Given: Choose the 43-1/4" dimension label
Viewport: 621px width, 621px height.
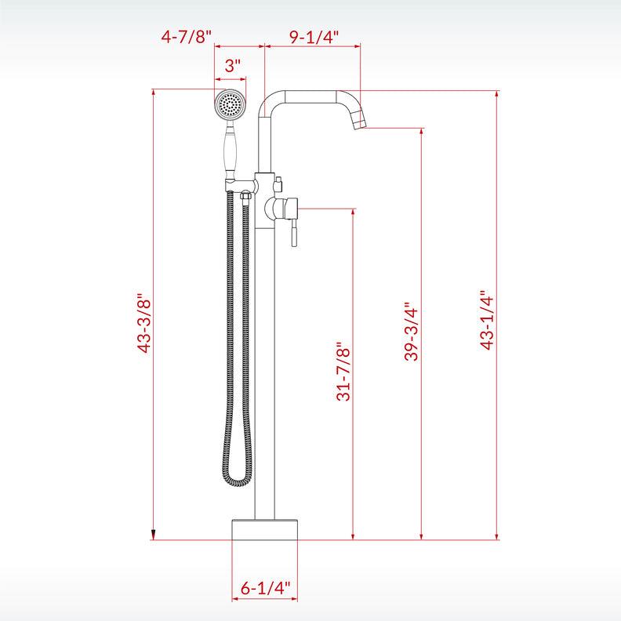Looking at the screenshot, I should pyautogui.click(x=486, y=319).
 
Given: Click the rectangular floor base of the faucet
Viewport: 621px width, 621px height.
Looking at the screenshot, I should pyautogui.click(x=265, y=528).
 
